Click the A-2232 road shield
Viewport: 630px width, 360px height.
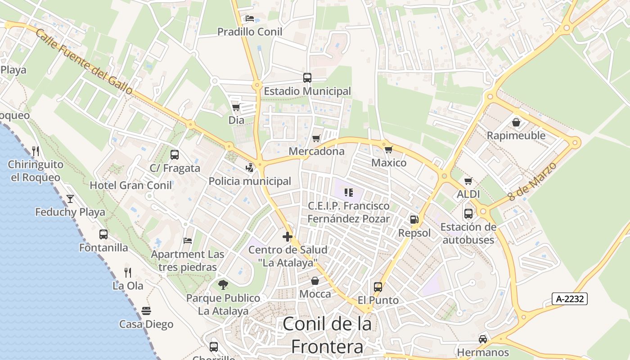569,298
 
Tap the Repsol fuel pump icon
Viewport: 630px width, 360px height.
414,220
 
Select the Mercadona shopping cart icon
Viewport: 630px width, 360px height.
316,138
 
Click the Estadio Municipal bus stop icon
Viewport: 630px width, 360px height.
307,77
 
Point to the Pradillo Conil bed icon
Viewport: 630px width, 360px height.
250,18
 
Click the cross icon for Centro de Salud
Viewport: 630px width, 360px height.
288,236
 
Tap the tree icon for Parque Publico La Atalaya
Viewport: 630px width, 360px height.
223,284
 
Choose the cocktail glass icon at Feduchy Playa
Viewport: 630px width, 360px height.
70,198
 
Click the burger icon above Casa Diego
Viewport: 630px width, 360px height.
146,310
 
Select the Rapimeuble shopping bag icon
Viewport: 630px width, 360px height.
516,122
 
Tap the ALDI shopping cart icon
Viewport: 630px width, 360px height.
468,181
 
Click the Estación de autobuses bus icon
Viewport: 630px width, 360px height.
468,213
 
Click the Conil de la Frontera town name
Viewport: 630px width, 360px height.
327,335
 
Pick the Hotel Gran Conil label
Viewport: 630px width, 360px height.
131,185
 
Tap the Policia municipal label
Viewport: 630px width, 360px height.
250,181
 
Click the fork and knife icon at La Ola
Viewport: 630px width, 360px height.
128,272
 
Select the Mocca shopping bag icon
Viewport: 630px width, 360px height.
315,281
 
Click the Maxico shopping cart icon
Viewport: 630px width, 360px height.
388,149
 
